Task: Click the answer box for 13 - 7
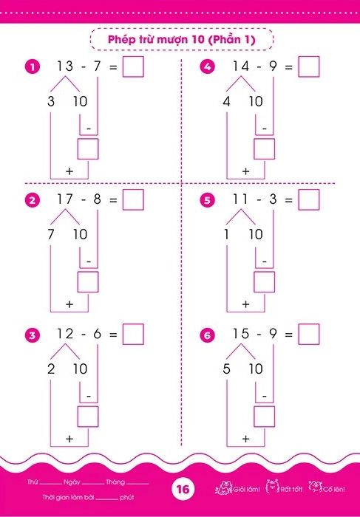tap(133, 66)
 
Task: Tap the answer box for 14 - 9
tap(309, 66)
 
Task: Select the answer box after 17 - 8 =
tap(133, 200)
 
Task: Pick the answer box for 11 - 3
tap(309, 200)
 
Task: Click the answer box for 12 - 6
tap(133, 335)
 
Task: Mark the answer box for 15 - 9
tap(309, 335)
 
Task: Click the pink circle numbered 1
tap(33, 67)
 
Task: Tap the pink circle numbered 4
tap(207, 67)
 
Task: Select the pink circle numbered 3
tap(33, 335)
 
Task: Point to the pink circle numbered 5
tap(207, 200)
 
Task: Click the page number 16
tap(183, 489)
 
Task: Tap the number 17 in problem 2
tap(65, 199)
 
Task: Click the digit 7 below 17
tap(51, 234)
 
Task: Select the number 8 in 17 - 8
tap(97, 199)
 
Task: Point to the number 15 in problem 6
tap(240, 334)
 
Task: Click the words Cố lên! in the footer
tap(334, 489)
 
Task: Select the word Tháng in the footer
tap(115, 482)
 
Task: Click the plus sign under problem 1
tap(69, 171)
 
